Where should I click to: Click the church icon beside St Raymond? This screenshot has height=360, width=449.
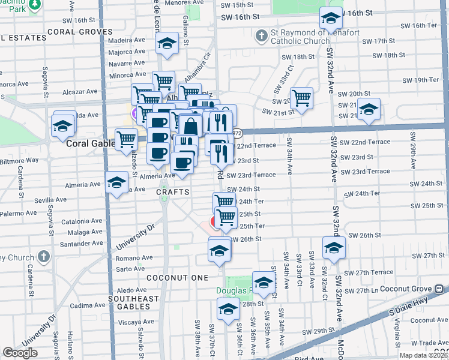click(261, 37)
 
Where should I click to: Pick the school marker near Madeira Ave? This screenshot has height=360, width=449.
click(167, 43)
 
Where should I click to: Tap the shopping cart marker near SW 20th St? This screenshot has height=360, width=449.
click(302, 97)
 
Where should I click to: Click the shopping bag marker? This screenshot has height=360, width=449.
click(190, 127)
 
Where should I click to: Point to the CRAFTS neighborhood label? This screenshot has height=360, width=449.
click(173, 192)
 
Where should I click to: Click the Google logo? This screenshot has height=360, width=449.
click(20, 353)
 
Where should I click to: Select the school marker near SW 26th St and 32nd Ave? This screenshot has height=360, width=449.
click(334, 247)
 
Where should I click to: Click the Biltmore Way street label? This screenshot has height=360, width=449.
click(19, 160)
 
